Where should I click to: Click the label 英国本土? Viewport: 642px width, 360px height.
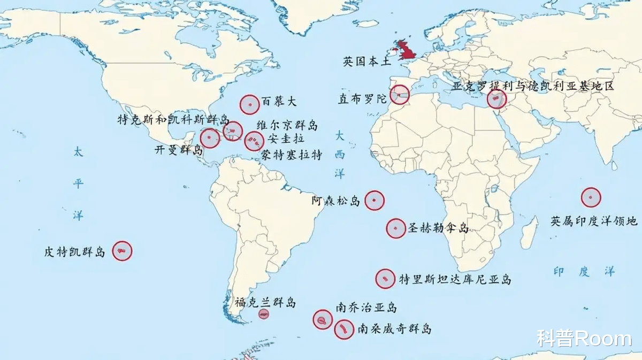pyautogui.click(x=367, y=62)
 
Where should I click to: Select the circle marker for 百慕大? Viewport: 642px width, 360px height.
pyautogui.click(x=249, y=104)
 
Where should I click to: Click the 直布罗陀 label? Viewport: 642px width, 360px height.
pyautogui.click(x=362, y=99)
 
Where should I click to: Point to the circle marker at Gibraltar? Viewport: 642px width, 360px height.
pyautogui.click(x=399, y=95)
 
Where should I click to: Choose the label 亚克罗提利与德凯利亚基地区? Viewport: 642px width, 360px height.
pyautogui.click(x=533, y=86)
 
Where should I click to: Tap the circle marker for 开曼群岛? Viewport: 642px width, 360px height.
pyautogui.click(x=210, y=138)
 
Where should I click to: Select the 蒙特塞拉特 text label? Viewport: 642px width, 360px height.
pyautogui.click(x=292, y=155)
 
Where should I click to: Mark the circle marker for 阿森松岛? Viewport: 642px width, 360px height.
pyautogui.click(x=374, y=200)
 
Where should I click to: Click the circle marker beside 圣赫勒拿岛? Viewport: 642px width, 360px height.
pyautogui.click(x=396, y=228)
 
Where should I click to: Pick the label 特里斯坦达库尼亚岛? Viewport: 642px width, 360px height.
pyautogui.click(x=455, y=279)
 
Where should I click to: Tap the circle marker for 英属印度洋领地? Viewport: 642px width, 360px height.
pyautogui.click(x=591, y=197)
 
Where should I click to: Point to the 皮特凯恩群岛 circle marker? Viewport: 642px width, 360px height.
pyautogui.click(x=122, y=250)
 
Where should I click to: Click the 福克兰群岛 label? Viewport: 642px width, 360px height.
pyautogui.click(x=265, y=303)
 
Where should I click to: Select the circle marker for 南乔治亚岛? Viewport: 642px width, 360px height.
pyautogui.click(x=323, y=319)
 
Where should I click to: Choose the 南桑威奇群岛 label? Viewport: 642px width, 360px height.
pyautogui.click(x=394, y=329)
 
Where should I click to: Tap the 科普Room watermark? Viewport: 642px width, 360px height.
pyautogui.click(x=584, y=339)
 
